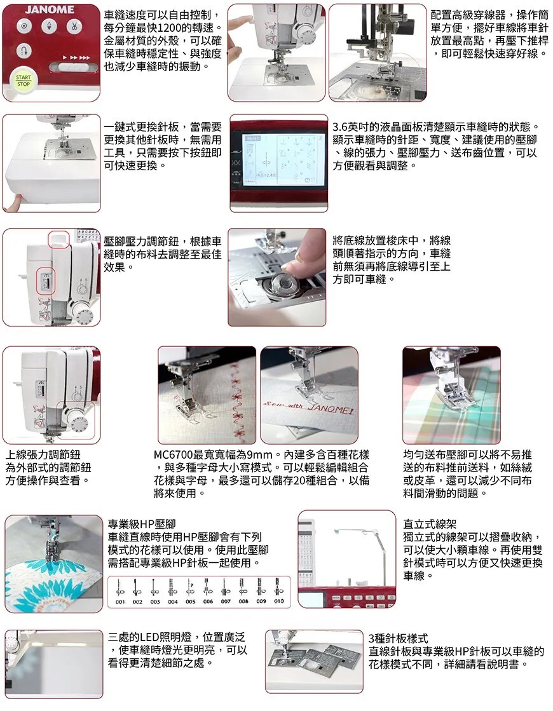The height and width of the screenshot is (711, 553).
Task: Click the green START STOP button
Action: (23, 81)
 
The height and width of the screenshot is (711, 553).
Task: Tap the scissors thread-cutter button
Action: (72, 26)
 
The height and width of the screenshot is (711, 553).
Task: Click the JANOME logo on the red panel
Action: (50, 10)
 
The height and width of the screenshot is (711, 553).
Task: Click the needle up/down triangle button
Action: (48, 26)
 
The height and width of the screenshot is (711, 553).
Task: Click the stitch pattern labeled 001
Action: (119, 591)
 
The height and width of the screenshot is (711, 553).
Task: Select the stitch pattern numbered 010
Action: (278, 591)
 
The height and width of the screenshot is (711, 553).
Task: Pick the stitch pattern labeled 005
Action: (190, 591)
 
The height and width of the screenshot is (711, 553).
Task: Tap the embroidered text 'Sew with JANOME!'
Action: (309, 407)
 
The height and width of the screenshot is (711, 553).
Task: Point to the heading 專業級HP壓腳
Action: (142, 524)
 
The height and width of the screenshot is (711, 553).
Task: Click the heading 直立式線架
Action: (430, 524)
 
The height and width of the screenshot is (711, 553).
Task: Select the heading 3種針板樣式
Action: (399, 639)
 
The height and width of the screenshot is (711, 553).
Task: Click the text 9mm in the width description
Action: (259, 455)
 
